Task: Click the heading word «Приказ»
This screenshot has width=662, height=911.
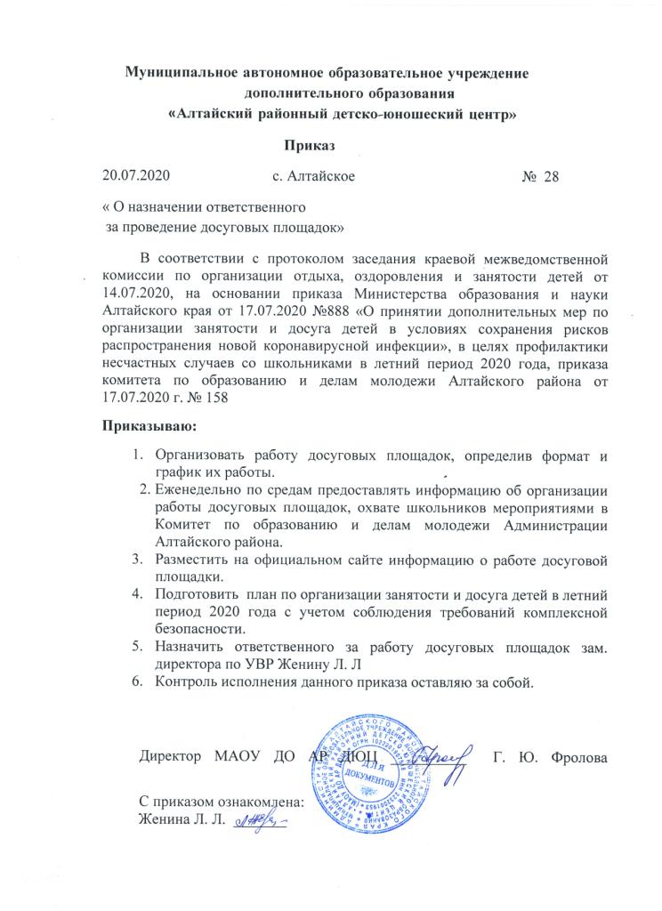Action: point(311,145)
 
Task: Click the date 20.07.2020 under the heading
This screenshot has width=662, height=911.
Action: point(135,176)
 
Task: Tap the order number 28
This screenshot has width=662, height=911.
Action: point(552,176)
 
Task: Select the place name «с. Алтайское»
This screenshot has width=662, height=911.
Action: point(313,176)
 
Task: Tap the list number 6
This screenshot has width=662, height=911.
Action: point(138,682)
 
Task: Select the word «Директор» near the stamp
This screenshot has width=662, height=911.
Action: point(169,758)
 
